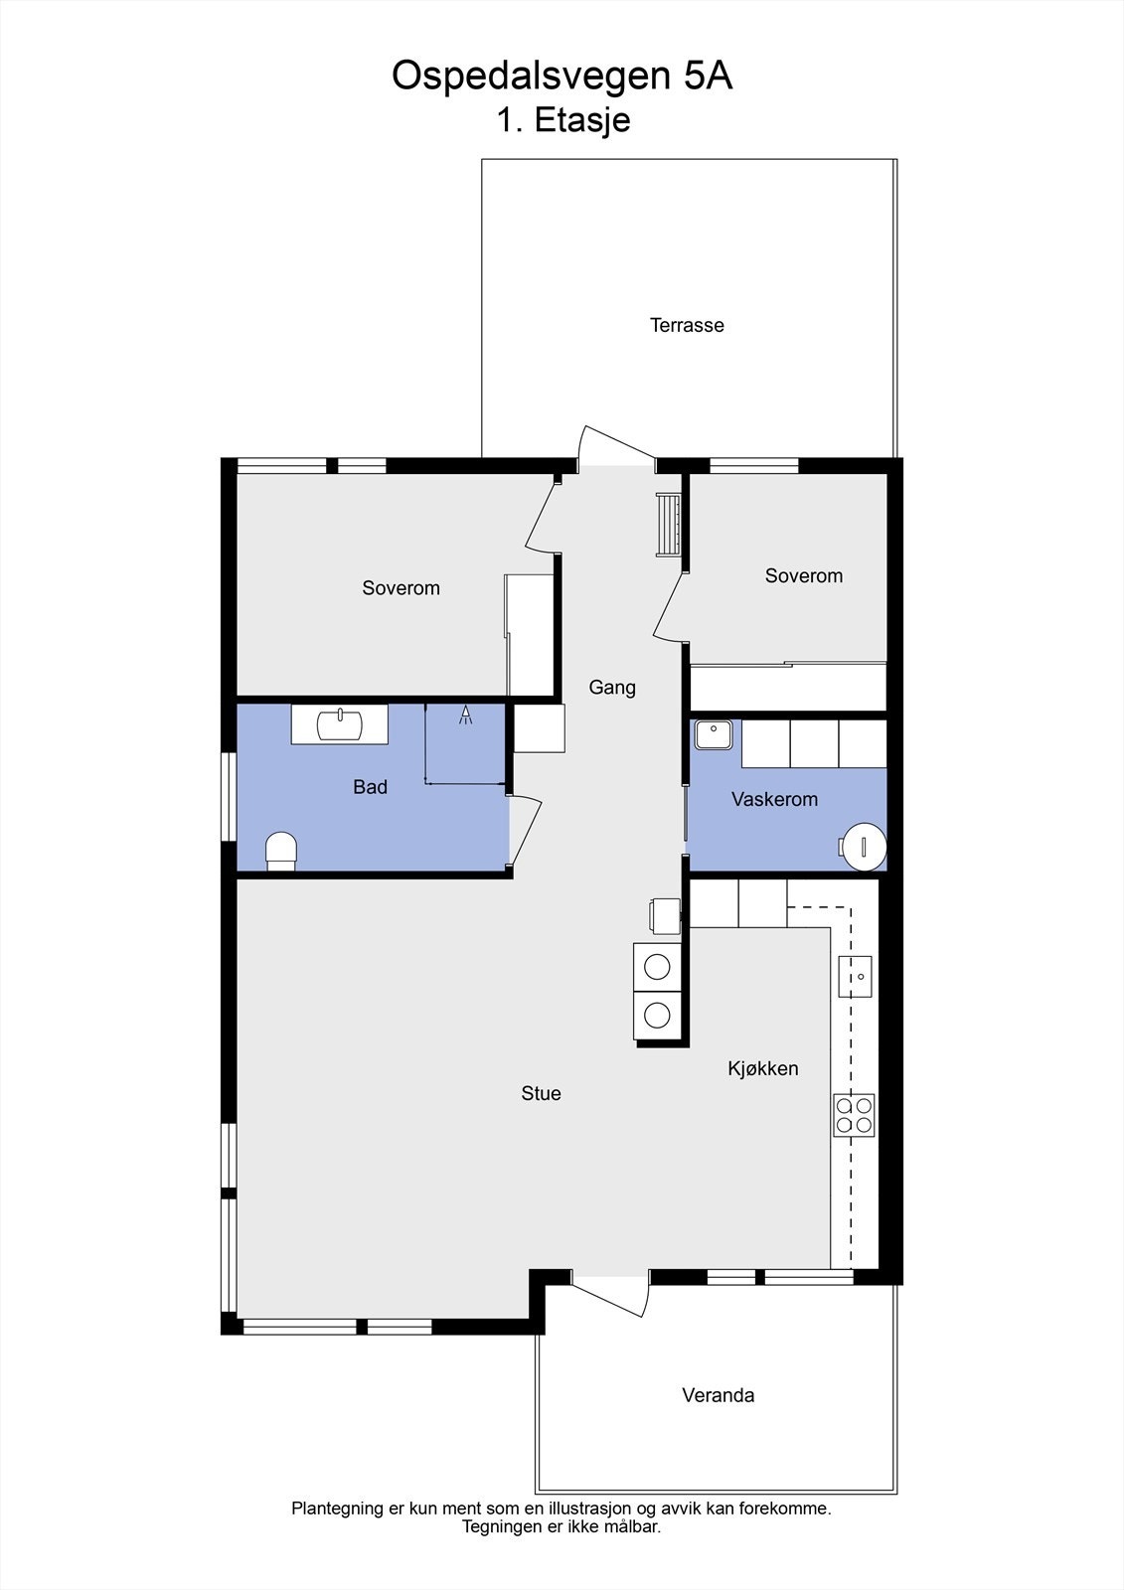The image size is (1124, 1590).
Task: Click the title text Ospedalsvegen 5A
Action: coord(562,76)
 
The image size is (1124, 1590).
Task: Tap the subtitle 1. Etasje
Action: coord(563,121)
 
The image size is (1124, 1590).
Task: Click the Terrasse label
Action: coord(687,325)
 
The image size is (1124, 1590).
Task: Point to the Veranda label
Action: coord(718,1395)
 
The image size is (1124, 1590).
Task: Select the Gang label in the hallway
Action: coord(612,687)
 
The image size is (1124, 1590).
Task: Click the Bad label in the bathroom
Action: coord(370,787)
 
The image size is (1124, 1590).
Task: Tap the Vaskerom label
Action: coord(774,799)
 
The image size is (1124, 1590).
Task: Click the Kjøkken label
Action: coord(763,1068)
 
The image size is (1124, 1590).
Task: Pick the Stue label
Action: coord(541,1093)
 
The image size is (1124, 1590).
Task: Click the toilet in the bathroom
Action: coord(281,851)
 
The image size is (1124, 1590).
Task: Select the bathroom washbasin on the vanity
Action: coord(340,723)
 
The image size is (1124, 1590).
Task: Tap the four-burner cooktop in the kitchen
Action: coord(854,1115)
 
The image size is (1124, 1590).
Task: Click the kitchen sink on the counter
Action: coord(855,976)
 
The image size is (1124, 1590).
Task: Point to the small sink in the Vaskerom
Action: coord(712,734)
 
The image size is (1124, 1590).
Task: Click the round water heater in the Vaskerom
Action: coord(863,846)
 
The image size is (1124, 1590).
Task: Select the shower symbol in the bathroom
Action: coord(465,715)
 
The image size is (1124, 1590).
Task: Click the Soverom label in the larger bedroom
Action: coord(401,588)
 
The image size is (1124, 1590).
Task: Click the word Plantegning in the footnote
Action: coord(337,1509)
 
